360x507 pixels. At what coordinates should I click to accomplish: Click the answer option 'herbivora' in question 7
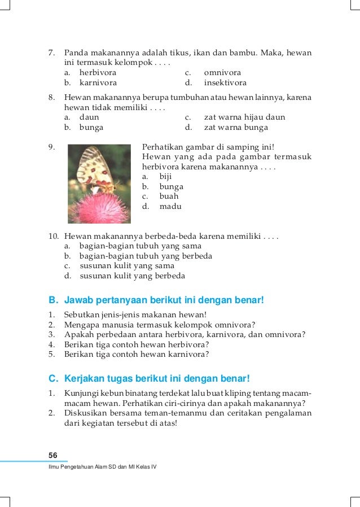tap(98, 73)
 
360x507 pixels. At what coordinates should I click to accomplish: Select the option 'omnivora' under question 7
tap(222, 73)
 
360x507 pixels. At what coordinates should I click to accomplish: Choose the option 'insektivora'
tap(225, 83)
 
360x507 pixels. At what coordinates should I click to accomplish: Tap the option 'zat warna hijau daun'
tap(244, 117)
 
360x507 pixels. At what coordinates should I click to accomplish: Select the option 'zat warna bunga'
tap(236, 128)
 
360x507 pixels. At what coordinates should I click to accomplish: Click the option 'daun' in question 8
tap(89, 117)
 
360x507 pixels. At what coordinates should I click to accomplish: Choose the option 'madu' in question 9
tap(170, 207)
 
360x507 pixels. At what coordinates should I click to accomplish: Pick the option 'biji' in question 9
tap(166, 176)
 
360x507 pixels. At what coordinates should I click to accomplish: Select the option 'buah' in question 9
tap(169, 196)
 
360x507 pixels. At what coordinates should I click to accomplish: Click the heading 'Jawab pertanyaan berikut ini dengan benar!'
tap(164, 300)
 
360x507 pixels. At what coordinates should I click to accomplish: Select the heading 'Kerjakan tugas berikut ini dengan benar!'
tap(157, 378)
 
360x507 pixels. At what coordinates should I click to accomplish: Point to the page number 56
tap(53, 456)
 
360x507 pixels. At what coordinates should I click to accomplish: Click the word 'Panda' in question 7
tap(76, 53)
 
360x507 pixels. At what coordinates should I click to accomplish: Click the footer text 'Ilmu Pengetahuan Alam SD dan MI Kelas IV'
tap(102, 470)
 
